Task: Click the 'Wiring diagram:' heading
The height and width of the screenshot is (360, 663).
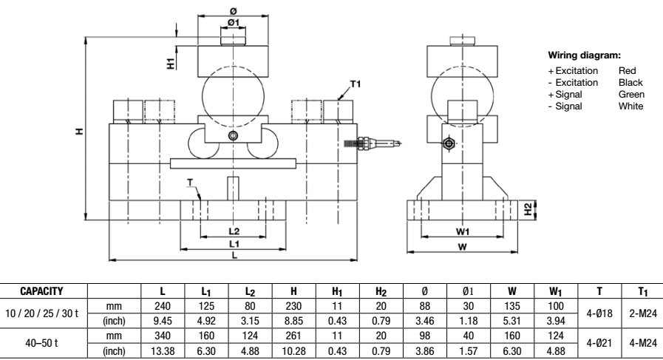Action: [x=584, y=55]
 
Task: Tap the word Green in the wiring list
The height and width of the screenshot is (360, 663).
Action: [x=632, y=95]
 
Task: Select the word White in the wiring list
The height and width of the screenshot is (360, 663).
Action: [x=630, y=106]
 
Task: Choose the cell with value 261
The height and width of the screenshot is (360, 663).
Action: [x=284, y=332]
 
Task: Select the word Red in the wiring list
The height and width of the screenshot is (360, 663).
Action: [x=627, y=70]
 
